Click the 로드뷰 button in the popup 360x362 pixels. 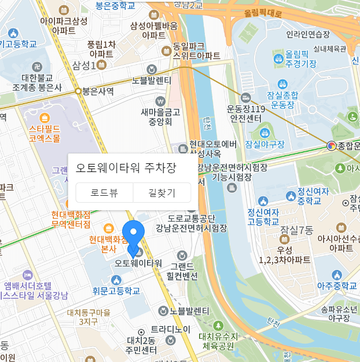pos(105,193)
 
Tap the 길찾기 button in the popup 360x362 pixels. pos(162,193)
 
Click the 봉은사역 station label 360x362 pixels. pos(97,91)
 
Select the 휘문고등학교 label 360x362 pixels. pos(116,291)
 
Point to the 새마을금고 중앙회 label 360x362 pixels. pos(160,117)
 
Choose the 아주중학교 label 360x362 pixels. pos(337,286)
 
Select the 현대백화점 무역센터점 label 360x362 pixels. pos(71,219)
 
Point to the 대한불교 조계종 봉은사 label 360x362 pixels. pos(38,82)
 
